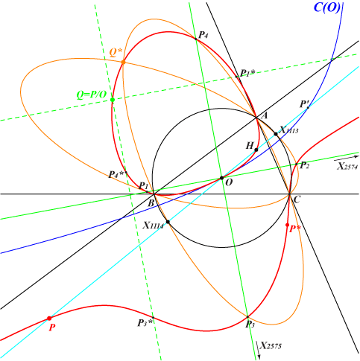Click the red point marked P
[49, 319]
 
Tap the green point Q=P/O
[113, 100]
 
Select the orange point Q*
[123, 63]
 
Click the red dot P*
[288, 225]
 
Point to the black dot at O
[222, 178]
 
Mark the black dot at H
[256, 150]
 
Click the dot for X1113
[276, 134]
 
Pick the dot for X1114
[168, 222]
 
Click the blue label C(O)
[327, 7]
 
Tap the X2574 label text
[347, 166]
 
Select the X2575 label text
[271, 345]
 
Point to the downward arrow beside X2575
[258, 350]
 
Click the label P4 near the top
[203, 35]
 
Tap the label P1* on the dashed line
[247, 73]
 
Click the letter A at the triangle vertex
[264, 115]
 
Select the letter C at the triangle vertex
[297, 199]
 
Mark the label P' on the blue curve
[304, 104]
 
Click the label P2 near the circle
[305, 165]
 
